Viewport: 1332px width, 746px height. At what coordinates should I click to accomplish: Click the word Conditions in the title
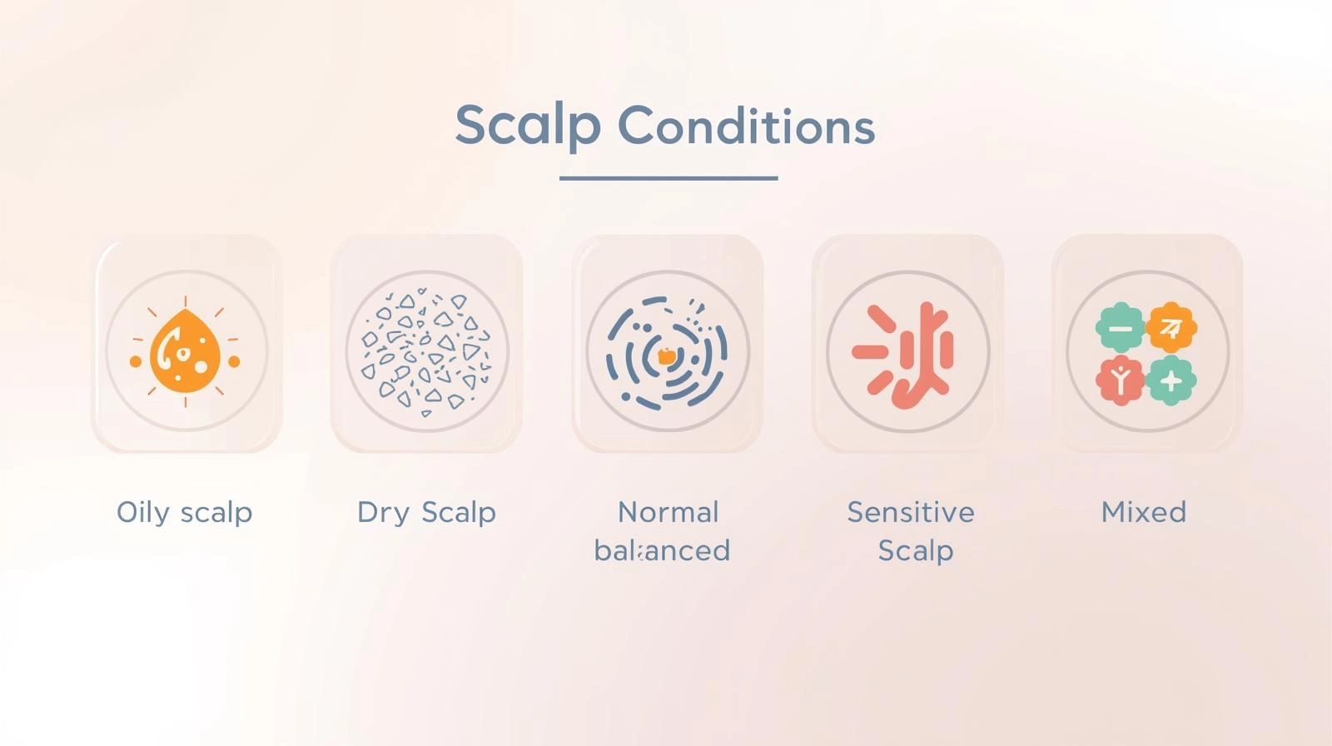[746, 126]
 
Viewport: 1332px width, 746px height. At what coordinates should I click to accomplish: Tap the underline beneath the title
[668, 178]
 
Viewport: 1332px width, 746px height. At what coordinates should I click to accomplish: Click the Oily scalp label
[184, 513]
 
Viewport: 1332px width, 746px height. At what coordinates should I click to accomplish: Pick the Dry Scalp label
[426, 513]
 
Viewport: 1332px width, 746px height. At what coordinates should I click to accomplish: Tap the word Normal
[668, 512]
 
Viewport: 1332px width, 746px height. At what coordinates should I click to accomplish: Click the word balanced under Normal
[662, 550]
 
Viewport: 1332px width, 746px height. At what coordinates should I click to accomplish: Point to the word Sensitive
[911, 512]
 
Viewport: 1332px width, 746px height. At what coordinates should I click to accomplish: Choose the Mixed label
[1144, 512]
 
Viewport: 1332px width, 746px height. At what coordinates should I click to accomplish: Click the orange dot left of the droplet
[136, 361]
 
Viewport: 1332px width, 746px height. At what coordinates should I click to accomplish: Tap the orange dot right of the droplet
[234, 361]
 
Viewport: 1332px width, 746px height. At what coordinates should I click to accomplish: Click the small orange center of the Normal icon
[667, 356]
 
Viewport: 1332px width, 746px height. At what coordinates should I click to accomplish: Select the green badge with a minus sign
[1121, 328]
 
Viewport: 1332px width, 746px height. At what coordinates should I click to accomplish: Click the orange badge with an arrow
[1171, 328]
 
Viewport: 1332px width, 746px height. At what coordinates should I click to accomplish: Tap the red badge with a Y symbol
[1121, 380]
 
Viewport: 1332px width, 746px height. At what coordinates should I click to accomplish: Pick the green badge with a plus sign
[1171, 380]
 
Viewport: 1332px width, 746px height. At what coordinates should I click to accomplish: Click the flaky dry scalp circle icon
[427, 351]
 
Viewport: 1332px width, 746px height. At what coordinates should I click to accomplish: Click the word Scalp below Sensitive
[916, 551]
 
